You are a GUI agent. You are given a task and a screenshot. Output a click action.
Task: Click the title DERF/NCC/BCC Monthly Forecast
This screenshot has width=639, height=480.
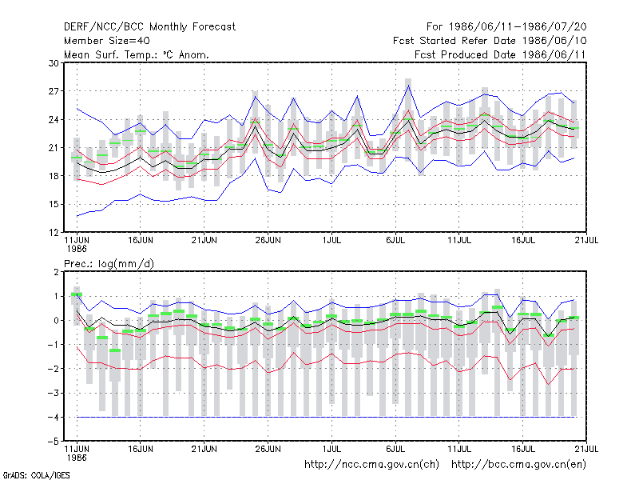[149, 27]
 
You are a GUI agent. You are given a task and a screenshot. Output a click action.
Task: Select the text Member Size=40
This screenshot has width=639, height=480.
[107, 41]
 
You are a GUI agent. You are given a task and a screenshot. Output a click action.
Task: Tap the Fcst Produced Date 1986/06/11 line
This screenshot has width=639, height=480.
[500, 54]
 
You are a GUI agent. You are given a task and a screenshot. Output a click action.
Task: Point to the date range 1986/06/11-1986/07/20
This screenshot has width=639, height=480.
[518, 27]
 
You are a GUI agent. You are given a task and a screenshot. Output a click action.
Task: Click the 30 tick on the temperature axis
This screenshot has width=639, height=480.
[54, 63]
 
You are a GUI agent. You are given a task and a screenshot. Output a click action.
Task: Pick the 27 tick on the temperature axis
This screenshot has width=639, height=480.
[54, 91]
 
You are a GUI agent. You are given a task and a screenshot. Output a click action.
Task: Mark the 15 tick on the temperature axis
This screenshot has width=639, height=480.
[54, 204]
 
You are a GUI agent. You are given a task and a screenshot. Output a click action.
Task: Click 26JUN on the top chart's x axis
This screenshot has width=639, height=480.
[268, 241]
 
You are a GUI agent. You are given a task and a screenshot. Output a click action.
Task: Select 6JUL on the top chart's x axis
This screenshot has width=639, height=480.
[395, 241]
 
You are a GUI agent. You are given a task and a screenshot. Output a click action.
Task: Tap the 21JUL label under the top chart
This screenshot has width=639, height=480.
[586, 241]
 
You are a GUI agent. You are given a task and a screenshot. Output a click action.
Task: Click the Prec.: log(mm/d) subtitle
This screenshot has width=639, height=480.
[109, 264]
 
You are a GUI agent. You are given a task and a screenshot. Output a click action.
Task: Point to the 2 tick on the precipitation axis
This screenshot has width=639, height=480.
[56, 272]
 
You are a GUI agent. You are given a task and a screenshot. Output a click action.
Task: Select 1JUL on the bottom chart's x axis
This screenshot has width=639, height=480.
[331, 449]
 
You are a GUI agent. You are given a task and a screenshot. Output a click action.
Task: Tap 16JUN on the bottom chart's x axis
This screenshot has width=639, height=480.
[141, 449]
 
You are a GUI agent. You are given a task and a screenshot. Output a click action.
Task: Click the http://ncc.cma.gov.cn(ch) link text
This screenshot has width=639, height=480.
[371, 465]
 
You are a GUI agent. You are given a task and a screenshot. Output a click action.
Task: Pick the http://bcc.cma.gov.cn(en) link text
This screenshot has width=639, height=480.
[518, 465]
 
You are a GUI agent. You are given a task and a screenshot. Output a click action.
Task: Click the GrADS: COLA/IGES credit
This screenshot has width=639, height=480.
[36, 475]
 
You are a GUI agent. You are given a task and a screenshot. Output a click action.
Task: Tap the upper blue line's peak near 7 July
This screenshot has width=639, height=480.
[408, 86]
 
